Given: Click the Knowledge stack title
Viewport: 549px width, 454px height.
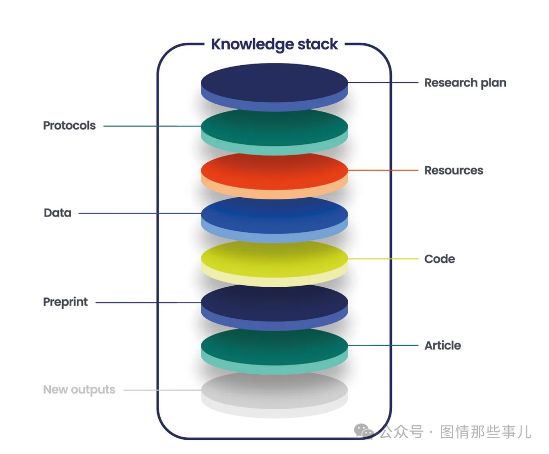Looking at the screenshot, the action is [x=274, y=45].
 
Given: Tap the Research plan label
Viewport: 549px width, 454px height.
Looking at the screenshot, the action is [x=465, y=83].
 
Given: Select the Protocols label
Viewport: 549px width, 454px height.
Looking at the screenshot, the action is [x=69, y=125].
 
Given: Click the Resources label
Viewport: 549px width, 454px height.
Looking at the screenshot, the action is [x=454, y=170].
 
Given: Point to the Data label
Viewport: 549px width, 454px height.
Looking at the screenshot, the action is [x=58, y=213].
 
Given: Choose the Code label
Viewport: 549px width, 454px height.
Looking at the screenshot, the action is [x=440, y=259].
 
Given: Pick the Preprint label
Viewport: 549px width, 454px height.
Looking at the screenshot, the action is [x=66, y=302].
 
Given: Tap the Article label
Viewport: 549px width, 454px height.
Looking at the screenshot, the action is [x=443, y=346].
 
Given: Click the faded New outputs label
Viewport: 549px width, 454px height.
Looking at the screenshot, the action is [x=79, y=389].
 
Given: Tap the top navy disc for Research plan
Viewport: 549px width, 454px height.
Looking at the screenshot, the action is [x=274, y=87].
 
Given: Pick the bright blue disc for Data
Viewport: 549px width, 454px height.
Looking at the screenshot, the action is [x=274, y=219].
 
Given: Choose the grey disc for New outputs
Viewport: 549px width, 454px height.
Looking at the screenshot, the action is [x=274, y=394].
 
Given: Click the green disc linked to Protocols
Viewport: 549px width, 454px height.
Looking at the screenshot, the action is [x=274, y=131].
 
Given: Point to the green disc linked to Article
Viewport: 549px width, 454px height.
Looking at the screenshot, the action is [x=274, y=350].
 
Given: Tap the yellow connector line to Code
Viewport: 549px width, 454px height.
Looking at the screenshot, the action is [x=383, y=259].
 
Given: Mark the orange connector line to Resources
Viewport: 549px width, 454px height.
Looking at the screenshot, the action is [x=383, y=170].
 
